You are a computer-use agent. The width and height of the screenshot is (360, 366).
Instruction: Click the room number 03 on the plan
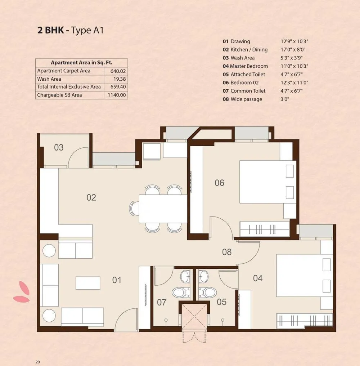click(x=59, y=147)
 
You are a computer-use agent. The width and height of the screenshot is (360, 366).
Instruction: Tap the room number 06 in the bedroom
click(x=219, y=183)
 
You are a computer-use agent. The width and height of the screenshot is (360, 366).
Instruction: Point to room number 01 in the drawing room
click(x=117, y=280)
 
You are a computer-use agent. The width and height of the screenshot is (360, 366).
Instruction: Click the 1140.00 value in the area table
click(x=117, y=95)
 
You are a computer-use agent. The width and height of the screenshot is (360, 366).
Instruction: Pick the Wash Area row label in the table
click(x=49, y=79)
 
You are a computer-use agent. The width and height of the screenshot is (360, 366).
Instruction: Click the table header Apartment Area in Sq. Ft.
click(x=81, y=62)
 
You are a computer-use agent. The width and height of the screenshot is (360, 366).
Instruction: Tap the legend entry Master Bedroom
click(x=249, y=66)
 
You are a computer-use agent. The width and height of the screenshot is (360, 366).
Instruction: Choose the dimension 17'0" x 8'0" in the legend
click(x=294, y=50)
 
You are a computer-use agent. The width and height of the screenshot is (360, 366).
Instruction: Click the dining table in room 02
click(x=163, y=209)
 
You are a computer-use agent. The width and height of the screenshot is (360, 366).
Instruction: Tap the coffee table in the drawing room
click(x=88, y=283)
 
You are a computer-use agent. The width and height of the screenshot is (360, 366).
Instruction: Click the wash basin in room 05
click(x=203, y=277)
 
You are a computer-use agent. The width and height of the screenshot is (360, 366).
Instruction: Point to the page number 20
click(x=37, y=362)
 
